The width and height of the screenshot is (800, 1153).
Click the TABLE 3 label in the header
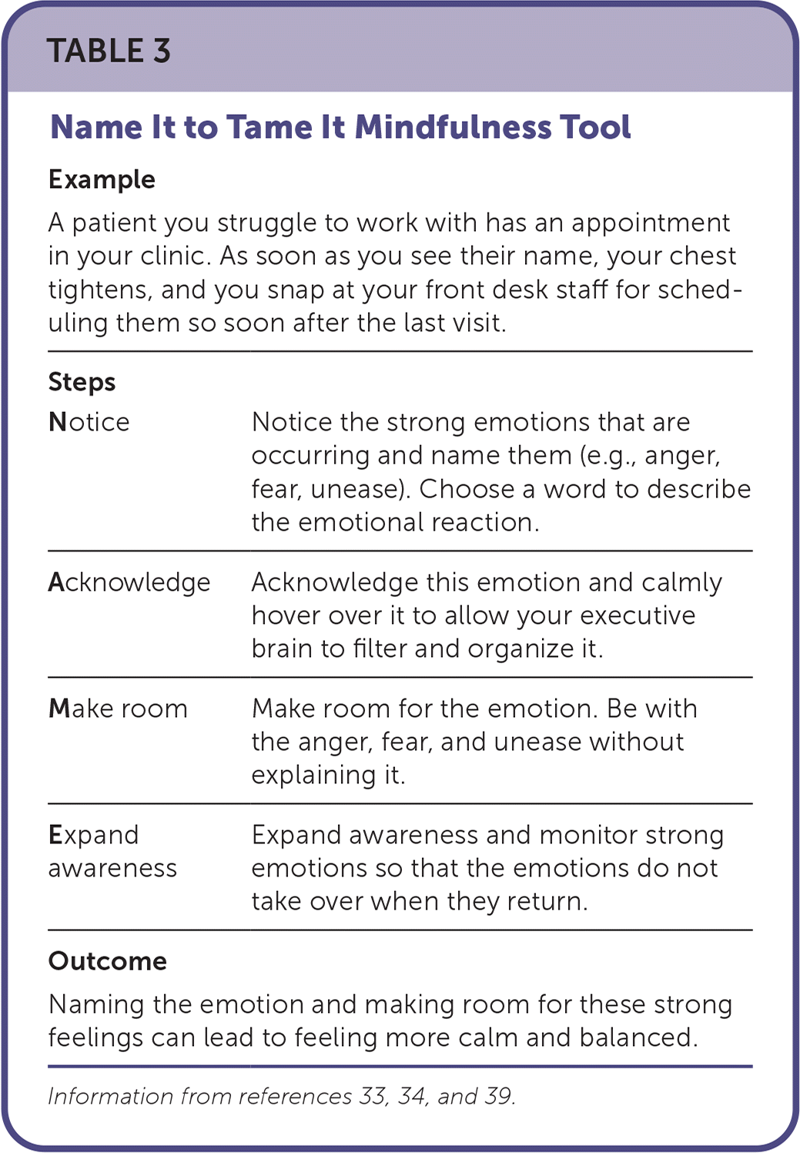tap(109, 51)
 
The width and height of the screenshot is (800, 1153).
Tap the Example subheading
tap(102, 179)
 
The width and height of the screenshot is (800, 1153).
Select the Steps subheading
tap(82, 382)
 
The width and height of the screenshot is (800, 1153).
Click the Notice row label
tap(89, 422)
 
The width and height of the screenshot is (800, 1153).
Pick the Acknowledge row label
tap(129, 582)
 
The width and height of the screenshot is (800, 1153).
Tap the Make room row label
tap(118, 709)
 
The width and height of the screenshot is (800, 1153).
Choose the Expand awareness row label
tap(112, 851)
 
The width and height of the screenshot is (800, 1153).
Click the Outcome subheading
tap(107, 961)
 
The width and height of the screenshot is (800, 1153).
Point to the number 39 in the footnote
tap(498, 1096)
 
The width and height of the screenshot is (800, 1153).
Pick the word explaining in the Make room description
tap(313, 775)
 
